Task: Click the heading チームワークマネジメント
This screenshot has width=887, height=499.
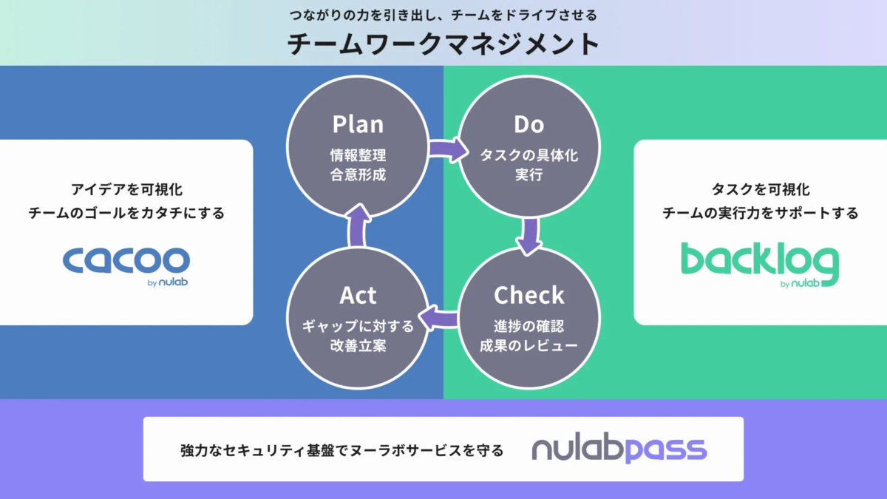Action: tap(443, 44)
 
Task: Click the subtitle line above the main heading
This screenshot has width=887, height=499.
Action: tap(443, 15)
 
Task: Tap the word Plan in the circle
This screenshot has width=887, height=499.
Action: tap(358, 124)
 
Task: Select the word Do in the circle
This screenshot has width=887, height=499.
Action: tap(529, 125)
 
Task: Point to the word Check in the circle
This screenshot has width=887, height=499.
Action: tap(529, 295)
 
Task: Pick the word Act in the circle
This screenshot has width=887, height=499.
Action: tap(358, 295)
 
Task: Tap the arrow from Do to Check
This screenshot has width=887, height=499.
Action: tap(529, 235)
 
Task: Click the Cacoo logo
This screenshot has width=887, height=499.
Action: tap(126, 262)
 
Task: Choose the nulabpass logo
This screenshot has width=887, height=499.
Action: tap(619, 449)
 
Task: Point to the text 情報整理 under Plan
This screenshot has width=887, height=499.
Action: tap(358, 156)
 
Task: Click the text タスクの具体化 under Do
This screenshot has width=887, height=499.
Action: tap(529, 156)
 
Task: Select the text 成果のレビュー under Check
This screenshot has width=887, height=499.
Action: tap(529, 345)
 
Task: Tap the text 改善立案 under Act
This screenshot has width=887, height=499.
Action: tap(358, 345)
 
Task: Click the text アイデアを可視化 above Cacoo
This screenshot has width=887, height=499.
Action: tap(126, 190)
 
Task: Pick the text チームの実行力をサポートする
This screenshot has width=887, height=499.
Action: tap(760, 213)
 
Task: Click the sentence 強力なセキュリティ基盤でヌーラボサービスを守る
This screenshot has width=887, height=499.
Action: tap(341, 449)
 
